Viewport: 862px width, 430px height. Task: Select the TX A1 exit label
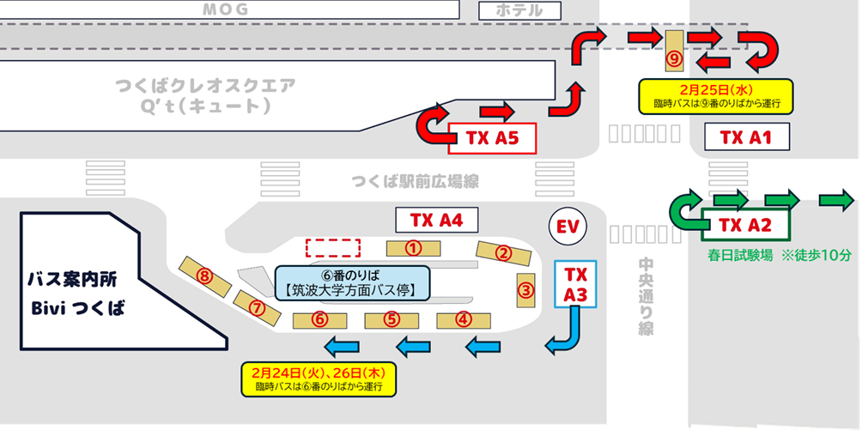click(x=745, y=137)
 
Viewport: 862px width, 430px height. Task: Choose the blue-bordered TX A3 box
click(x=575, y=285)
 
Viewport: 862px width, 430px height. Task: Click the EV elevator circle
click(x=568, y=227)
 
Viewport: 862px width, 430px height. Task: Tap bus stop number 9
click(x=674, y=51)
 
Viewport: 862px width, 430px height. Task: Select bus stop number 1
click(x=413, y=248)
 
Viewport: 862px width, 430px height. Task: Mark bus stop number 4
click(x=464, y=319)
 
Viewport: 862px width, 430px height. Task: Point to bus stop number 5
click(x=392, y=319)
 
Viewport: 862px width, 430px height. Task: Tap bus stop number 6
click(x=319, y=319)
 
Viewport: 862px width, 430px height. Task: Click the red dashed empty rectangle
click(x=333, y=247)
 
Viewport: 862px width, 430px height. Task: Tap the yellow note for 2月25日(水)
click(x=714, y=96)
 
